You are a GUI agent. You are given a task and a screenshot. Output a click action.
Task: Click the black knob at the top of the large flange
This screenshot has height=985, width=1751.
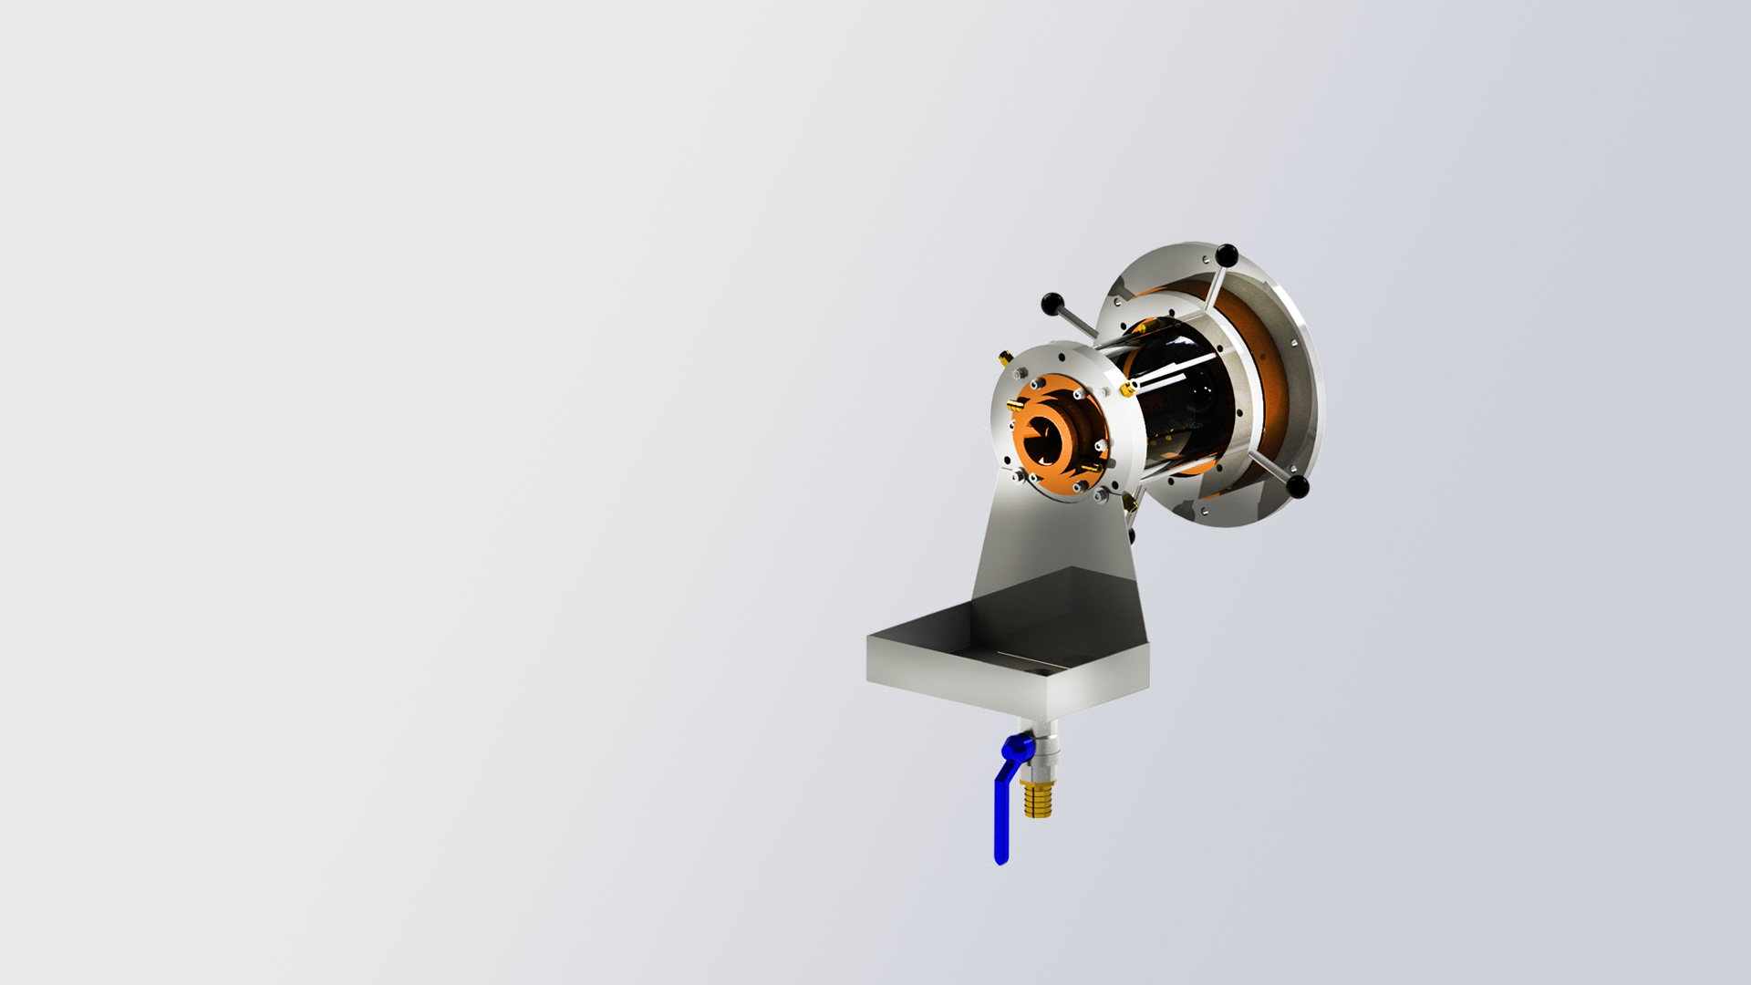click(1227, 254)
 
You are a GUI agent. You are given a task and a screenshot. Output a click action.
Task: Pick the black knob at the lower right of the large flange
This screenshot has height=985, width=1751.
click(1298, 486)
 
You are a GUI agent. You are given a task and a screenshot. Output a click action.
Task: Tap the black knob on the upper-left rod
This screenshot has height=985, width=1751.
click(1052, 303)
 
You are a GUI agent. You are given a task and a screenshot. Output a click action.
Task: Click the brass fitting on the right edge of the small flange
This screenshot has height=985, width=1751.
click(1128, 389)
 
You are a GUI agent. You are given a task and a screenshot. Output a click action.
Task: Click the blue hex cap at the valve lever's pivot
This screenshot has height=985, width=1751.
click(1013, 750)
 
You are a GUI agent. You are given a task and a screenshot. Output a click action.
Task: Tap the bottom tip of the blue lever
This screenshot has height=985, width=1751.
click(1001, 859)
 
